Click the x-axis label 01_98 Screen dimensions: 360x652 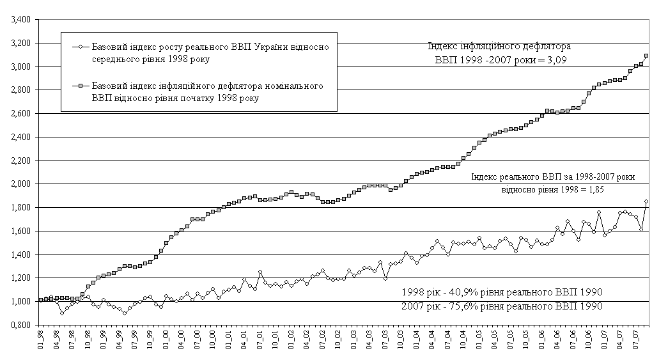(x=41, y=340)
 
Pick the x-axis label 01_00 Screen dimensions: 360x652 (x=166, y=340)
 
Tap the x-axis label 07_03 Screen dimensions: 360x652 (x=385, y=340)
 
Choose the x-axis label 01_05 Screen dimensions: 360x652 (x=479, y=340)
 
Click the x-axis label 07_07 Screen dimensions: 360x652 (x=636, y=340)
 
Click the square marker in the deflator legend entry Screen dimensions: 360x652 (x=76, y=85)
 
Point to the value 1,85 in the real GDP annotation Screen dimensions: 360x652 (x=594, y=189)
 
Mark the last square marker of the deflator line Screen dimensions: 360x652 (x=646, y=56)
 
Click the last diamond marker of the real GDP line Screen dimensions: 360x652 (x=646, y=201)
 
